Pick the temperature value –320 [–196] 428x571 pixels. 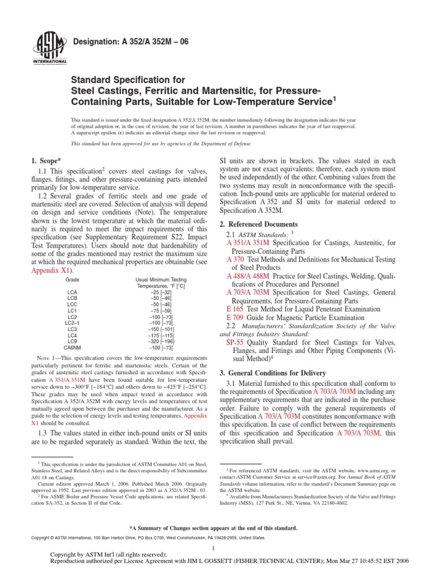tap(161, 341)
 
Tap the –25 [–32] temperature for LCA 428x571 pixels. tap(161, 292)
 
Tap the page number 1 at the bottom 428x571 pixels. tap(214, 549)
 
